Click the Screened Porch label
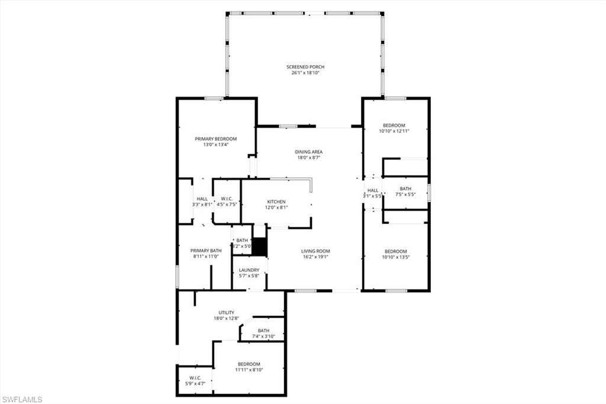point(305,67)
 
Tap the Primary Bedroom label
point(216,139)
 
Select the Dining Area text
point(309,152)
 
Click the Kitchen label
point(276,202)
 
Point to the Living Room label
point(315,251)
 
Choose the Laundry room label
point(249,270)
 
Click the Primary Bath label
point(206,251)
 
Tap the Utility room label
point(227,312)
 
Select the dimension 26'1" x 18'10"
point(305,73)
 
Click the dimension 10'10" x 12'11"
point(394,131)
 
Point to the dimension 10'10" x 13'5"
point(395,257)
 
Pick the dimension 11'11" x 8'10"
point(249,370)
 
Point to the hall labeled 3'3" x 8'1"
point(202,198)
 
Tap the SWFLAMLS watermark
point(22,399)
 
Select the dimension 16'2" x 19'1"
point(315,257)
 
